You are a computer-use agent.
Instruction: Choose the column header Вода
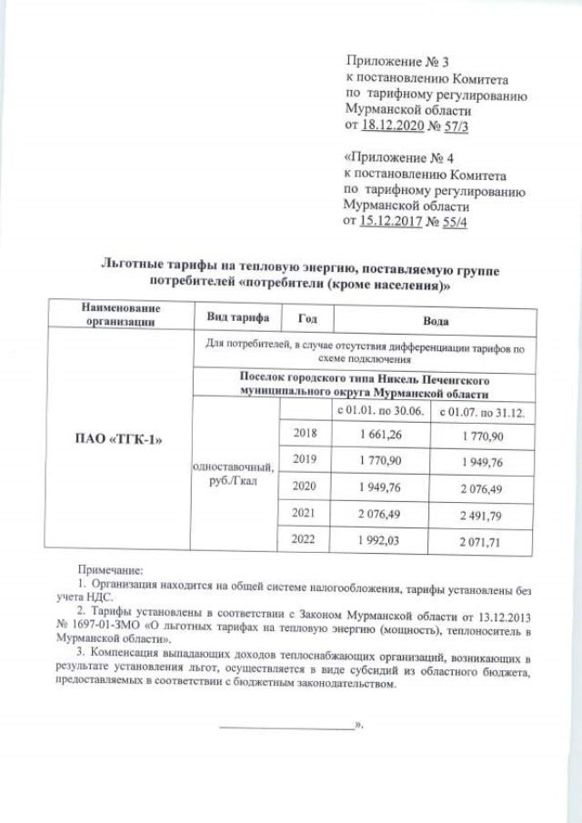[436, 321]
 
